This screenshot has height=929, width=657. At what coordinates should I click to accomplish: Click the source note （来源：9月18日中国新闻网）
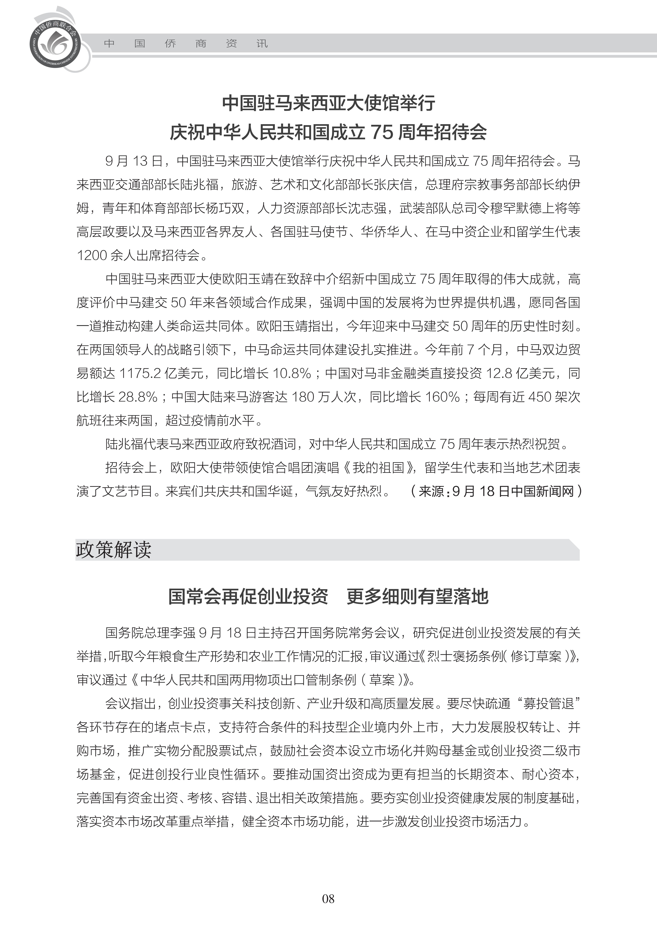point(496,491)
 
